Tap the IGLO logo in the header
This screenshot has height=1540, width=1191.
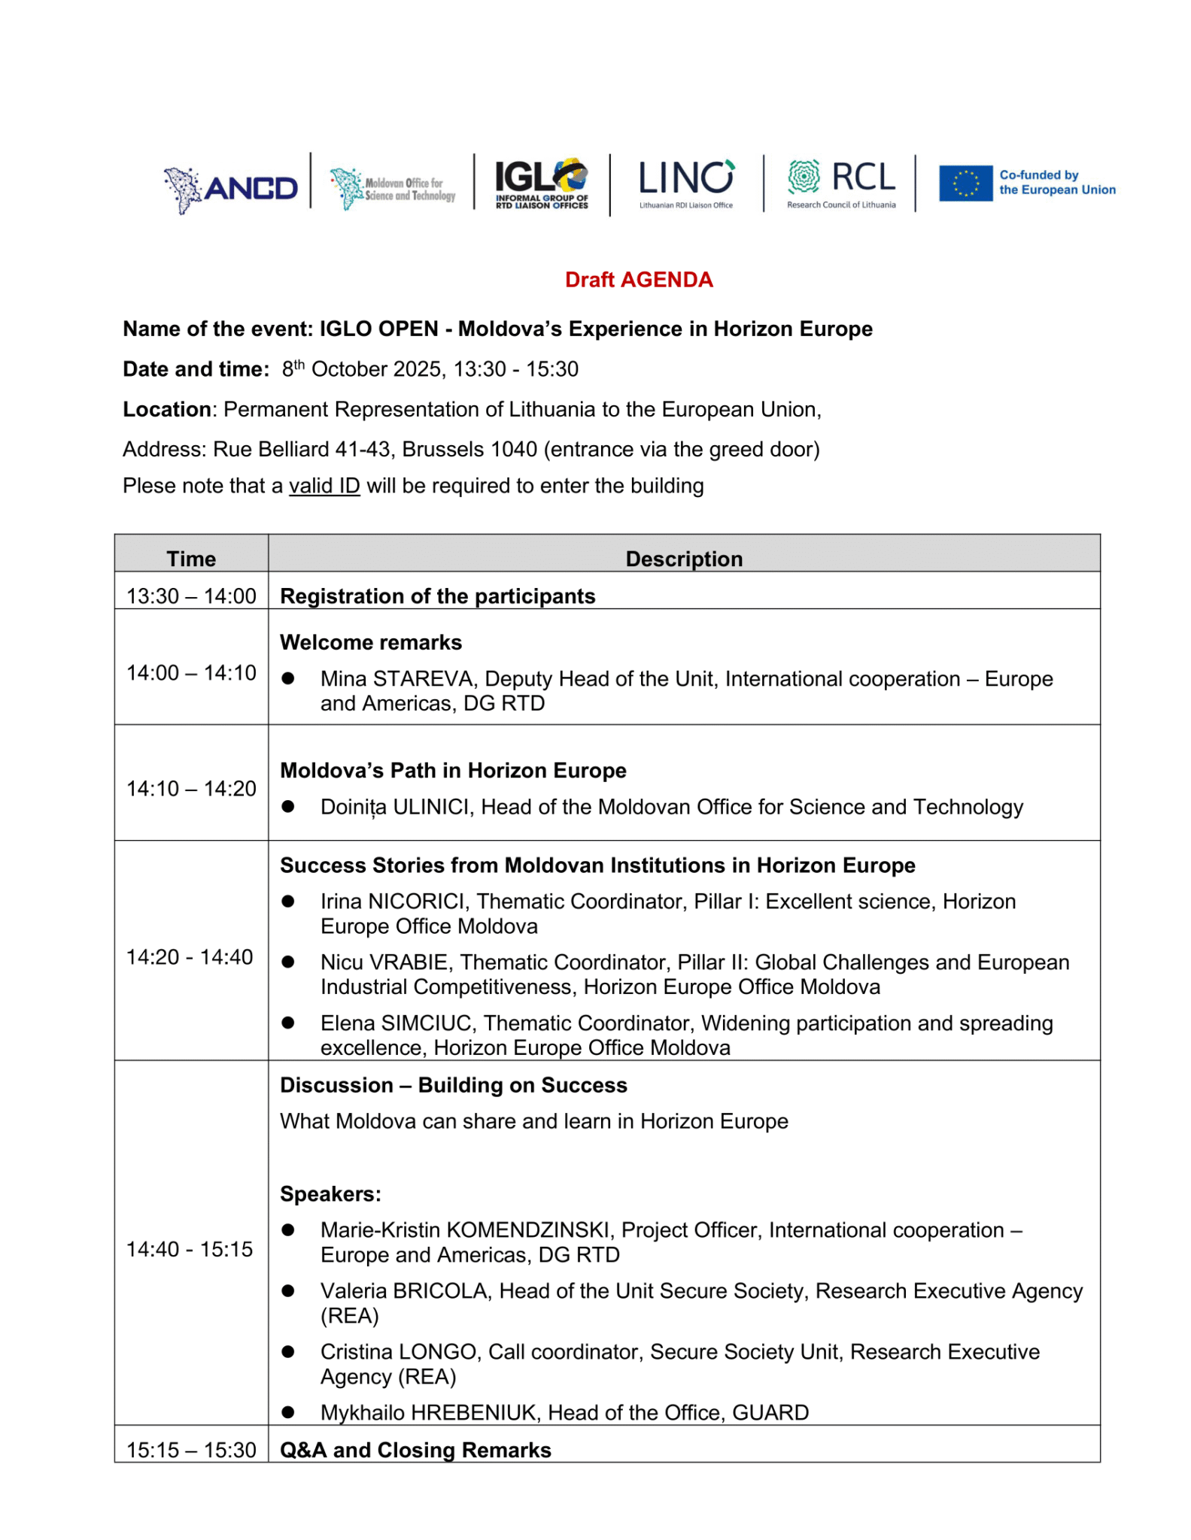[541, 183]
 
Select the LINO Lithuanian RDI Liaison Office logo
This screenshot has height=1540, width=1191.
[685, 183]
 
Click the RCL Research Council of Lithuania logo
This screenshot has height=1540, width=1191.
[841, 183]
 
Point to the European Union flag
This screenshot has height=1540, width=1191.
[965, 183]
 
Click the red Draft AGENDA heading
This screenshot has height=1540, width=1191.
[639, 280]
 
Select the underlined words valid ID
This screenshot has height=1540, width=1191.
[324, 486]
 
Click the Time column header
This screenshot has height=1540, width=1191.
[191, 559]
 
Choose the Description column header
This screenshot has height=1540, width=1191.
[684, 559]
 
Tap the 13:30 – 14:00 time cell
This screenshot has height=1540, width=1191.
[191, 596]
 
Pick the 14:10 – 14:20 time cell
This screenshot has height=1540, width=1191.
[191, 789]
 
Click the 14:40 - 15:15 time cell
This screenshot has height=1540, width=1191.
[190, 1249]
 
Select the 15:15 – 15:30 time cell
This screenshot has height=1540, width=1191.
[191, 1450]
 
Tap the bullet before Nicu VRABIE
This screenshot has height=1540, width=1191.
[288, 962]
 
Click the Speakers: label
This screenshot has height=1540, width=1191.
[330, 1194]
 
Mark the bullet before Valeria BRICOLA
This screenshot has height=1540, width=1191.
[288, 1291]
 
